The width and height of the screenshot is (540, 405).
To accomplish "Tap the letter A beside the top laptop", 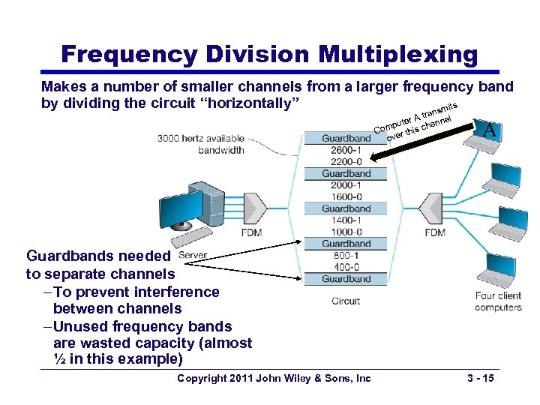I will (490, 130).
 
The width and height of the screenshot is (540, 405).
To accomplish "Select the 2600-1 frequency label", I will (346, 150).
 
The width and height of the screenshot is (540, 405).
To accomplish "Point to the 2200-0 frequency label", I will (346, 161).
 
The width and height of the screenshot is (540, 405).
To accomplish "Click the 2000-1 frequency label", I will (346, 185).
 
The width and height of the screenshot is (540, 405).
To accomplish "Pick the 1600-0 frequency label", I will (346, 196).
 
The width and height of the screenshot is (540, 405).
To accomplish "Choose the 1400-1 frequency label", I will (346, 220).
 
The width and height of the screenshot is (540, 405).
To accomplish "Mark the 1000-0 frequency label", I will (346, 232).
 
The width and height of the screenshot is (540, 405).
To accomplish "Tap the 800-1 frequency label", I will (346, 256).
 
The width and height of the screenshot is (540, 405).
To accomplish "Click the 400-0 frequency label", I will (346, 267).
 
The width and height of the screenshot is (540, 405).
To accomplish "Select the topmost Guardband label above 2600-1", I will (346, 138).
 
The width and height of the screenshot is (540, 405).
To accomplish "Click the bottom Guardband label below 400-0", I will (346, 279).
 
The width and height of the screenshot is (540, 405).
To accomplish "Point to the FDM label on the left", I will (252, 232).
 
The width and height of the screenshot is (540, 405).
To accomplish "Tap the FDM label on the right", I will (435, 232).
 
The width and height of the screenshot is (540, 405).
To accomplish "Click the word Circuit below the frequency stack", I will (346, 301).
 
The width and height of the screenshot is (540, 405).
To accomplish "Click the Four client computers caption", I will (498, 301).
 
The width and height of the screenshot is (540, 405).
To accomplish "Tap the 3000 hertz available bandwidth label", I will (201, 144).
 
